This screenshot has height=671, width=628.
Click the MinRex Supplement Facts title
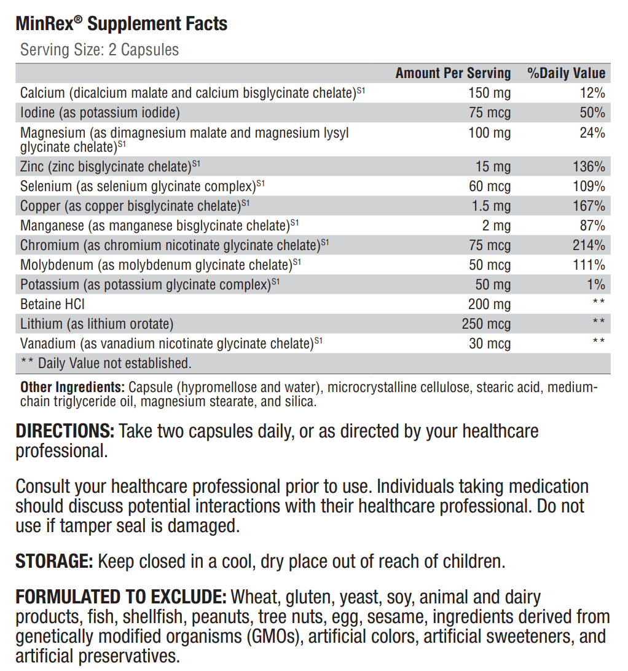pyautogui.click(x=122, y=24)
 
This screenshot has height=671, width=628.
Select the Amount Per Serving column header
pyautogui.click(x=453, y=73)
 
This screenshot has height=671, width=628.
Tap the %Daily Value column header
pyautogui.click(x=566, y=73)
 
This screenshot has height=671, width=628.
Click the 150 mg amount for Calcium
pyautogui.click(x=489, y=93)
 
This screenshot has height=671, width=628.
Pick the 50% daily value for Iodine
pyautogui.click(x=592, y=112)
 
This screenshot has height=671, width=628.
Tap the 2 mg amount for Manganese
pyautogui.click(x=496, y=226)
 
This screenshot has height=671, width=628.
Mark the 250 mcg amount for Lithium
pyautogui.click(x=486, y=324)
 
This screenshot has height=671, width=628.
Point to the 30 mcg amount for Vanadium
pyautogui.click(x=489, y=343)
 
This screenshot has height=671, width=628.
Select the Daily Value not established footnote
pyautogui.click(x=106, y=363)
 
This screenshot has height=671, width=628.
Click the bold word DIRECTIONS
pyautogui.click(x=65, y=431)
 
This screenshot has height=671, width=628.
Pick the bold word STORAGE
pyautogui.click(x=54, y=561)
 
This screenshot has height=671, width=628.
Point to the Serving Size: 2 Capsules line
pyautogui.click(x=100, y=50)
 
